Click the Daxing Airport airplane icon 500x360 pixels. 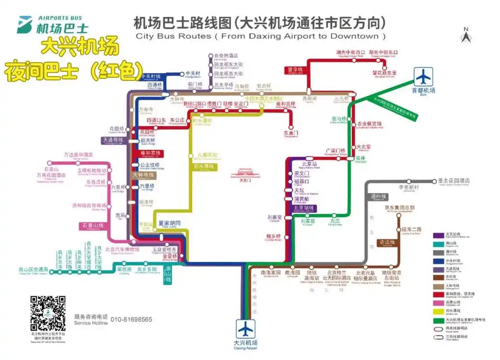(246, 328)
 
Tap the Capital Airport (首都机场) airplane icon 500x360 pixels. (423, 77)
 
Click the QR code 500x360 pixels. (48, 313)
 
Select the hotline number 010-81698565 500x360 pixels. (131, 319)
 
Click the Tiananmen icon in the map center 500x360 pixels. (244, 174)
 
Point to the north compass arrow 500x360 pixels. (466, 35)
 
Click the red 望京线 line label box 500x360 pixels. (295, 70)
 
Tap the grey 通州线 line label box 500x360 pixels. (378, 197)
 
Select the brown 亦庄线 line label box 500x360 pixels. (386, 243)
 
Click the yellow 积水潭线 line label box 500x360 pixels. (203, 166)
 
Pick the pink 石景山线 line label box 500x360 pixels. (93, 225)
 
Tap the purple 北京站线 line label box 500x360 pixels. (304, 208)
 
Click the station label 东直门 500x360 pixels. (291, 133)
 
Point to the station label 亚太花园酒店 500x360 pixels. (454, 181)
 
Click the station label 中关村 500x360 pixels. (194, 74)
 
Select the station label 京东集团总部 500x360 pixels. (399, 208)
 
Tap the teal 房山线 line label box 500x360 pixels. (169, 274)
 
